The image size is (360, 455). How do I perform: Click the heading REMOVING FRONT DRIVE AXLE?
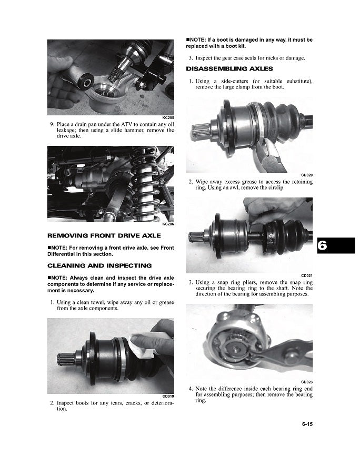click(x=104, y=235)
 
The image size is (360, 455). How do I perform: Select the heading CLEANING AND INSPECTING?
click(x=99, y=265)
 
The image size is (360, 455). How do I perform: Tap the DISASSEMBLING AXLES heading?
click(x=229, y=69)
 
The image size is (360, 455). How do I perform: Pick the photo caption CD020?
click(x=307, y=175)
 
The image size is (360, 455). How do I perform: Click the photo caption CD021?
click(x=307, y=275)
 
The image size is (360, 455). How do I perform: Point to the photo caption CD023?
click(x=307, y=382)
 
